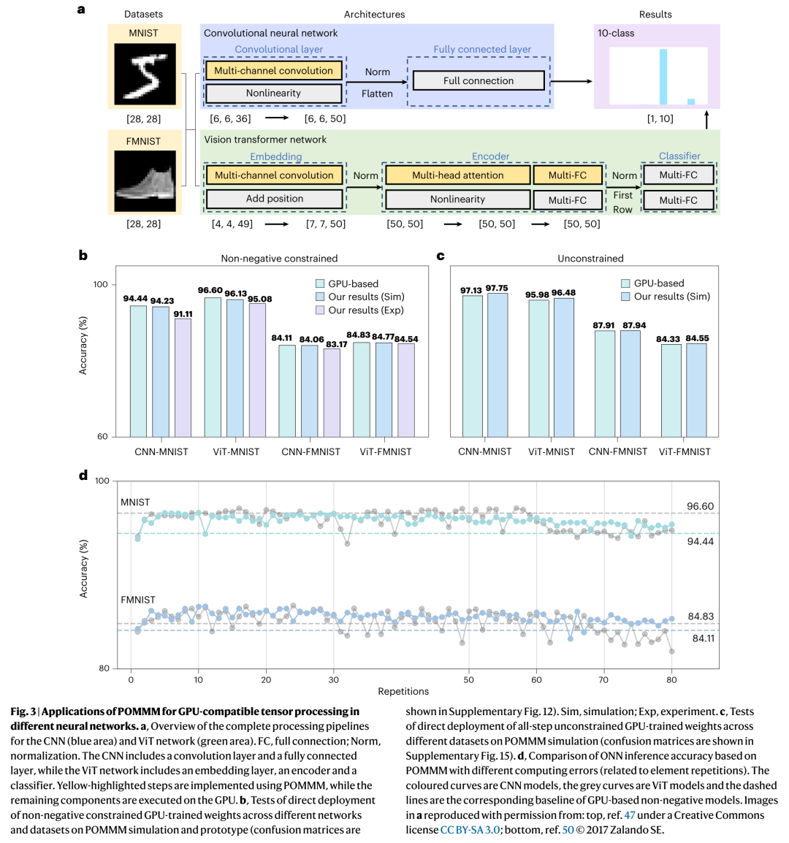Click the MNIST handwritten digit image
145,74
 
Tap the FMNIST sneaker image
145,180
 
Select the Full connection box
478,80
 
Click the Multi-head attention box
458,175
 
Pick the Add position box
274,199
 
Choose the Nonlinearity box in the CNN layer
273,93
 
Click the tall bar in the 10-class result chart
663,77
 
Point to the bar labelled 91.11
183,378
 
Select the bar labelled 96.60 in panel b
213,367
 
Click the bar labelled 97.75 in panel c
498,365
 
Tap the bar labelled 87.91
604,384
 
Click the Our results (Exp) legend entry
359,310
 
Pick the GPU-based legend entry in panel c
652,283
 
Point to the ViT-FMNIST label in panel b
386,451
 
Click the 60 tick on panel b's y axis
102,437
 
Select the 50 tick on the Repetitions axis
468,679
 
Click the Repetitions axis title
403,691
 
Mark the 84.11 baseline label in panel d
703,638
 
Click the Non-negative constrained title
279,259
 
